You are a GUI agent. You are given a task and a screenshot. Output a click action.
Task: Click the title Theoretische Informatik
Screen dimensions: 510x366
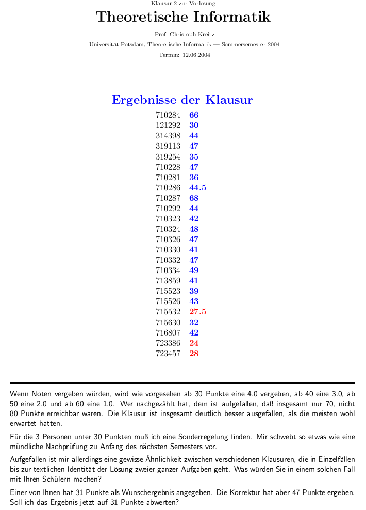tap(183, 18)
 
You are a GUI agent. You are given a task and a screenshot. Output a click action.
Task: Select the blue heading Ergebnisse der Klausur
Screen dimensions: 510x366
tap(182, 100)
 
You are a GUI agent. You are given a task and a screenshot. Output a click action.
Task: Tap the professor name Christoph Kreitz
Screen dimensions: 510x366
tap(192, 35)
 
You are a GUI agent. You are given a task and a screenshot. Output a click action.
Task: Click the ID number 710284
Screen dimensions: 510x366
tap(168, 115)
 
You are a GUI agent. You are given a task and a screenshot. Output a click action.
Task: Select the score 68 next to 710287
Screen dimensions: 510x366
tap(194, 198)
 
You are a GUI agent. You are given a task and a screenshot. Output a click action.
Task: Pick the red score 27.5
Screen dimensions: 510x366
tap(197, 312)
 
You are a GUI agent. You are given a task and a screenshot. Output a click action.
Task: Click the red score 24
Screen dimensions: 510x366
tap(194, 343)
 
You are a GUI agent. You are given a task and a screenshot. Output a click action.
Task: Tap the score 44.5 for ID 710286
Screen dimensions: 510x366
tap(197, 188)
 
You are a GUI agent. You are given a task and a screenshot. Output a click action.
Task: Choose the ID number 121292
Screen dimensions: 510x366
tap(168, 125)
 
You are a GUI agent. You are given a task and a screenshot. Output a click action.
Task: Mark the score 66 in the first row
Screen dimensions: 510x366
tap(194, 115)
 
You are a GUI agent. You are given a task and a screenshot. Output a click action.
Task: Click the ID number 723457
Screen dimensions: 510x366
tap(168, 354)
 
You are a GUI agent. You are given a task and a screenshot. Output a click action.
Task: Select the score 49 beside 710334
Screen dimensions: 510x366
tap(194, 270)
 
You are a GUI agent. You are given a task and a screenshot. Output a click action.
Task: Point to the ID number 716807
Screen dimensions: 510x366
tap(168, 333)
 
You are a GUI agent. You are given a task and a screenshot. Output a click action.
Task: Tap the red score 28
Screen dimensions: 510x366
tap(194, 354)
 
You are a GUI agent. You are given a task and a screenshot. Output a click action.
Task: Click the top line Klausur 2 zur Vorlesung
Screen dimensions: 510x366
tap(184, 4)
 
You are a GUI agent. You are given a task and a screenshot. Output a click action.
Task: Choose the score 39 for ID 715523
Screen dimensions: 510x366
tap(194, 291)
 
